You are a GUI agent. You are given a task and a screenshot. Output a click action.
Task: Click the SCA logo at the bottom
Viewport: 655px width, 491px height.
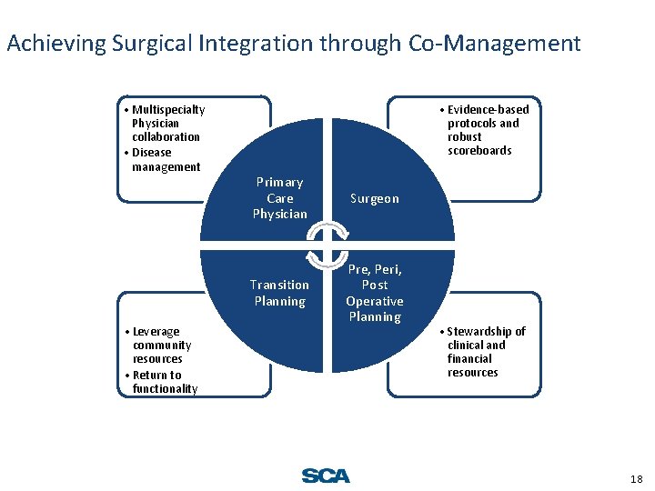pos(325,476)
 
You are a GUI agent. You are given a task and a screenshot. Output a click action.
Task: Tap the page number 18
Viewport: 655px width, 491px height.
pos(636,479)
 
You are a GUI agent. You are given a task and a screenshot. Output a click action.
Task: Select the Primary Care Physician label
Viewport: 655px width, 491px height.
pos(279,198)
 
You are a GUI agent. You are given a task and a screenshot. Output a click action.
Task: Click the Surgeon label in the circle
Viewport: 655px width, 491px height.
pos(374,198)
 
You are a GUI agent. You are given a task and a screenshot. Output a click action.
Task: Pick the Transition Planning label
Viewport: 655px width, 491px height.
pos(279,293)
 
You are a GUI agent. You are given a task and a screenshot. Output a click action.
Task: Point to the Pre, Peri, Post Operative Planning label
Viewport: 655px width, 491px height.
pos(374,293)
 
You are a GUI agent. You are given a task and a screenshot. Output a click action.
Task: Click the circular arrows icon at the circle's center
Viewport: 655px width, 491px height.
pos(327,245)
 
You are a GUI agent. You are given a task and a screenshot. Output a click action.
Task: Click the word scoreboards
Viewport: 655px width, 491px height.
pos(479,150)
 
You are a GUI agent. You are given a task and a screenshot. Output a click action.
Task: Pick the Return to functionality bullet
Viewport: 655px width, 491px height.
pos(160,382)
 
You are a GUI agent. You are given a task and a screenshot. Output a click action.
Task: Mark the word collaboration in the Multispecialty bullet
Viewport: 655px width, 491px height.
pos(166,136)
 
